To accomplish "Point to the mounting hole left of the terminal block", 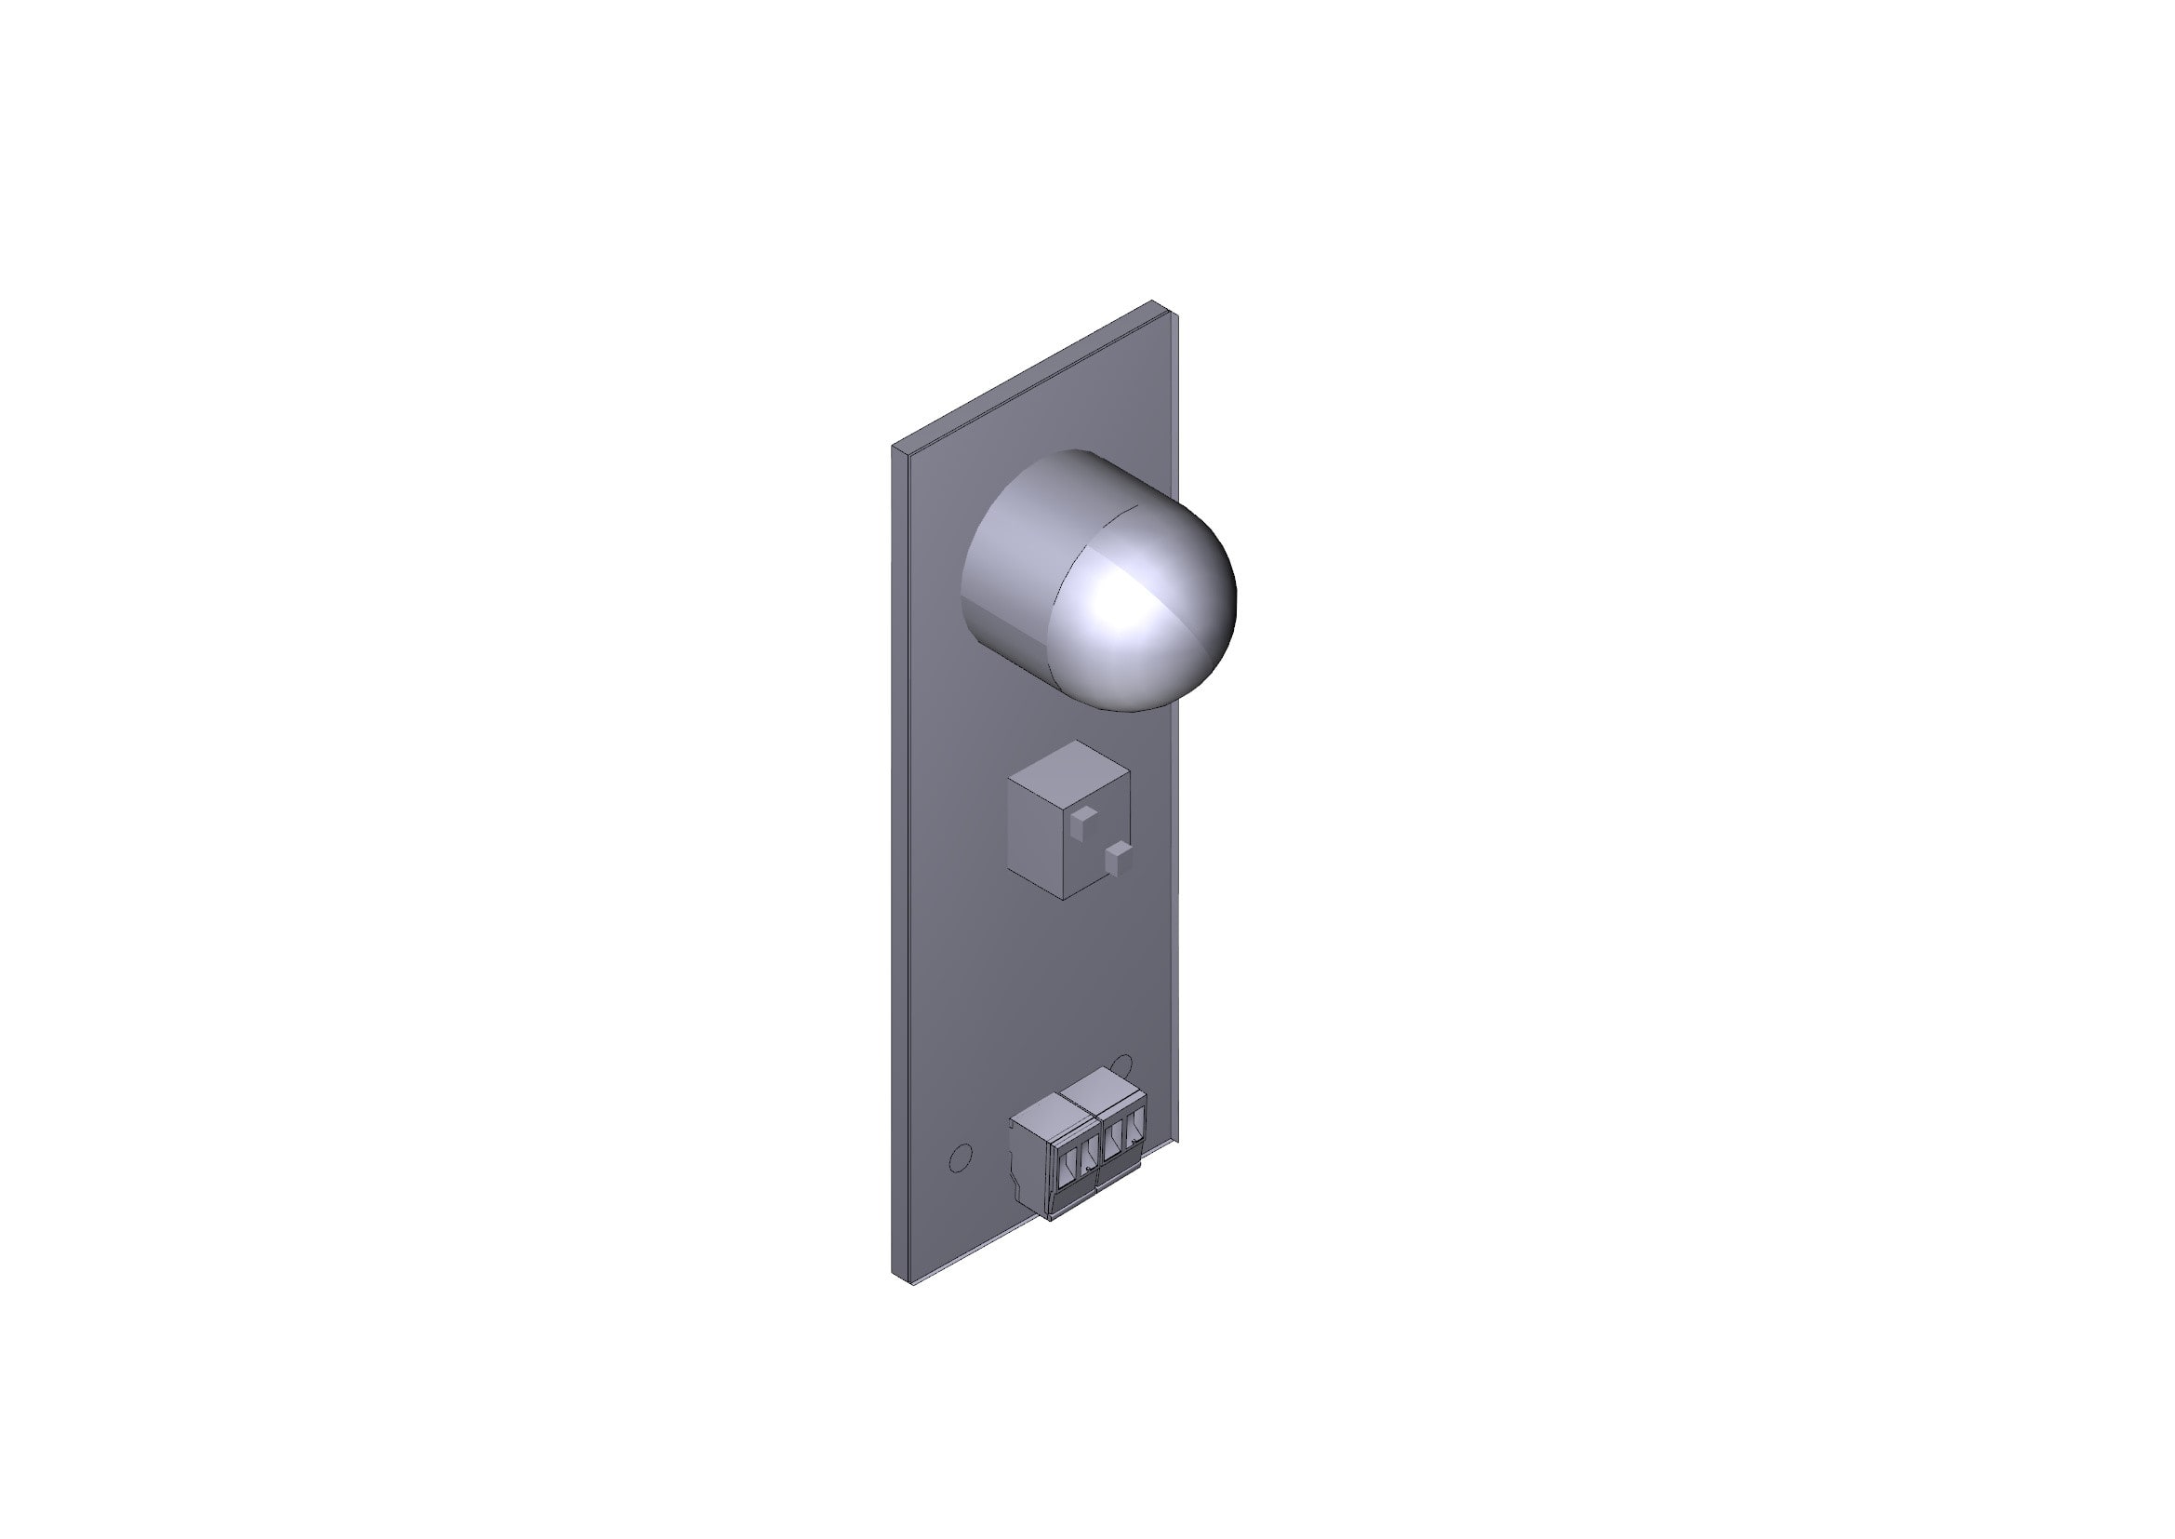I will tap(961, 1158).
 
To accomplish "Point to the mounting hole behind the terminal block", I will tap(1123, 1064).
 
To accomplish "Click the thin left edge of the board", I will tap(900, 853).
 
